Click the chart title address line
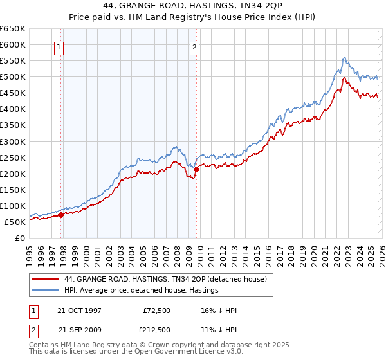[193, 6]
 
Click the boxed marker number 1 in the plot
[59, 46]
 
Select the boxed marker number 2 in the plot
[194, 46]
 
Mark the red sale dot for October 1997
[61, 215]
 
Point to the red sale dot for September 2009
[196, 170]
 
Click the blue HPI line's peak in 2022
[345, 57]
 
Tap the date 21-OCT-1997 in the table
[80, 310]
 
